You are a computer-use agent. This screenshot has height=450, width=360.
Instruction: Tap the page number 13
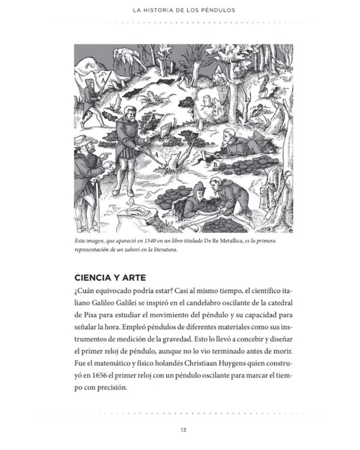pyautogui.click(x=183, y=430)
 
